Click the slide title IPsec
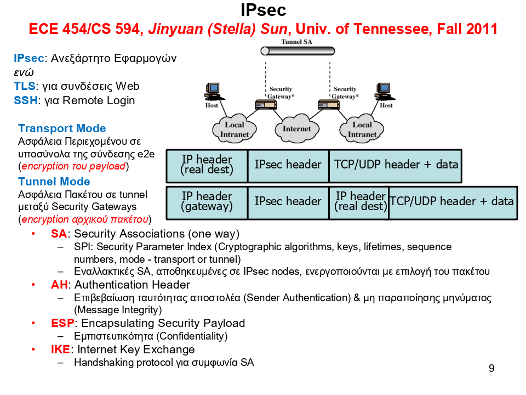(x=263, y=10)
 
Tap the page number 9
(x=491, y=368)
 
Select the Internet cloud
(x=296, y=128)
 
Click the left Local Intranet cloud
(x=235, y=129)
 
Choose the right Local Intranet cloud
(x=362, y=129)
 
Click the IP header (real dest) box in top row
(x=207, y=165)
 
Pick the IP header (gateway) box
(x=207, y=201)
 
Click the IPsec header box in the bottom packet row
(x=288, y=201)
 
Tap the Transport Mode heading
(x=62, y=128)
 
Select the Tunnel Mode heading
(x=54, y=182)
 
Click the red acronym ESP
(x=62, y=323)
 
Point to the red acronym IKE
(x=60, y=349)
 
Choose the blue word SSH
(x=25, y=100)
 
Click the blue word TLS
(x=24, y=86)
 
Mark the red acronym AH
(x=59, y=285)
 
